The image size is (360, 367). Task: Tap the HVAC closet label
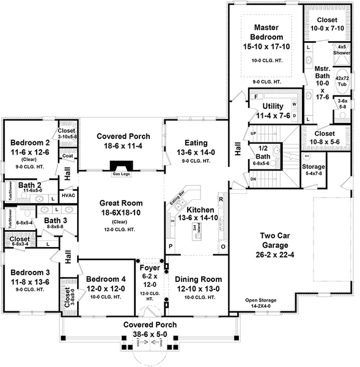pos(68,196)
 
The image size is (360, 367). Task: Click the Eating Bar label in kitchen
pos(177,198)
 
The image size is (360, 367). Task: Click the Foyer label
pos(149,268)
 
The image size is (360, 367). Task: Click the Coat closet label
pos(67,157)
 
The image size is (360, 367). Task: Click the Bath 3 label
pos(55,220)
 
